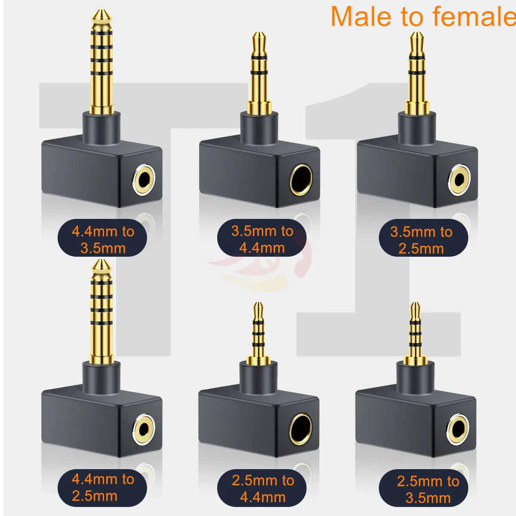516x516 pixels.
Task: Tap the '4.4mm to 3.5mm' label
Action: pos(103,240)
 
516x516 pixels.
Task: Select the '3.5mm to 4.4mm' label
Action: pos(262,239)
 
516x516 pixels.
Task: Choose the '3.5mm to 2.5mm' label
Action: pos(421,240)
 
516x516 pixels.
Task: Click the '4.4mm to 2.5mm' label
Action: pos(103,487)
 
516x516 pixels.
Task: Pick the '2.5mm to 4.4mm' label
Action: pos(263,488)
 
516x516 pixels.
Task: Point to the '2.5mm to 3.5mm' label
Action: pos(427,489)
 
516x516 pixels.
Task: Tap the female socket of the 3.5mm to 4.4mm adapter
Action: pos(301,179)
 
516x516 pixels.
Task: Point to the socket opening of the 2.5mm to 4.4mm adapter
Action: pos(300,430)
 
